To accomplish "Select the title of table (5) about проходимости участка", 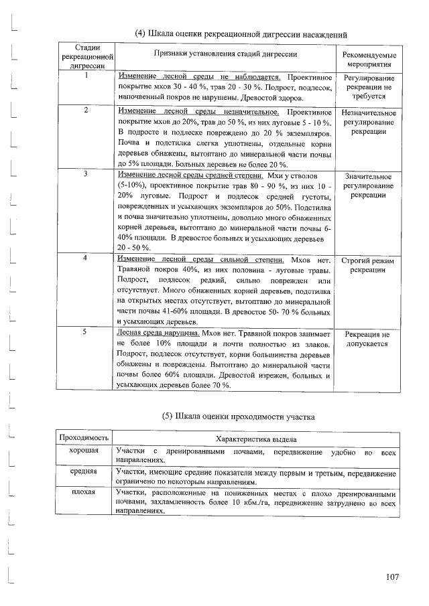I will click(239, 417).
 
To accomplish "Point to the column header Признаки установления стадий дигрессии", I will click(225, 54).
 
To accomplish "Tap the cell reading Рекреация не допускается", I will click(368, 338).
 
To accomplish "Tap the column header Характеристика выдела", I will click(255, 437).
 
